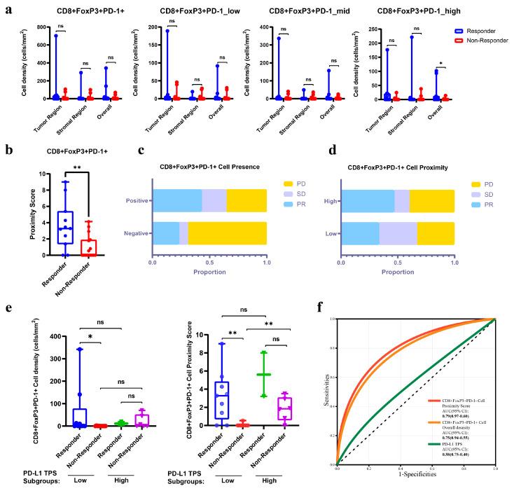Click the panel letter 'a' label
(x=6, y=6)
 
